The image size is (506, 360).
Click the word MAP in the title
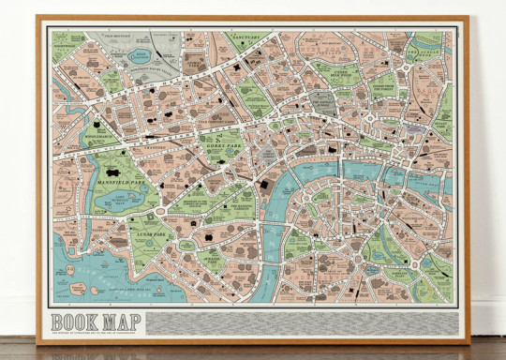point(121,317)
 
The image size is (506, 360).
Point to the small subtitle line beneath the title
point(98,330)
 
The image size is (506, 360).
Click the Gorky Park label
point(221,148)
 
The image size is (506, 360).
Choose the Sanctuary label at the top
point(241,40)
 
